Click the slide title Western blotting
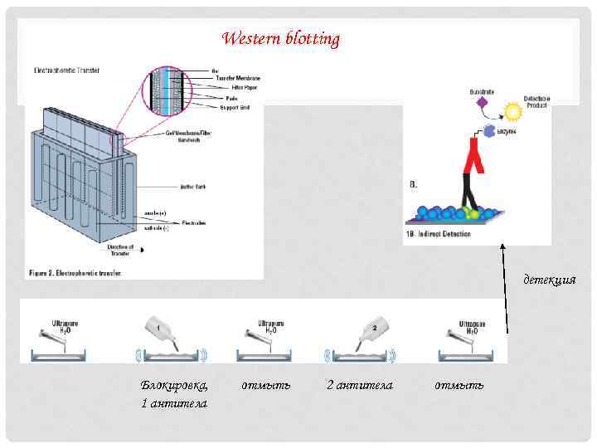coord(281,39)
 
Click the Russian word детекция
coord(549,280)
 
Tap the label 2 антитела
coord(359,385)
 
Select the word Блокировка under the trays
coord(174,385)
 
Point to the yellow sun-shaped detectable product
coord(513,111)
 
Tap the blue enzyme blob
coord(489,131)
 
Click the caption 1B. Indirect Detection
coord(439,234)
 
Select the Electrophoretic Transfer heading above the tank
coord(66,71)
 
